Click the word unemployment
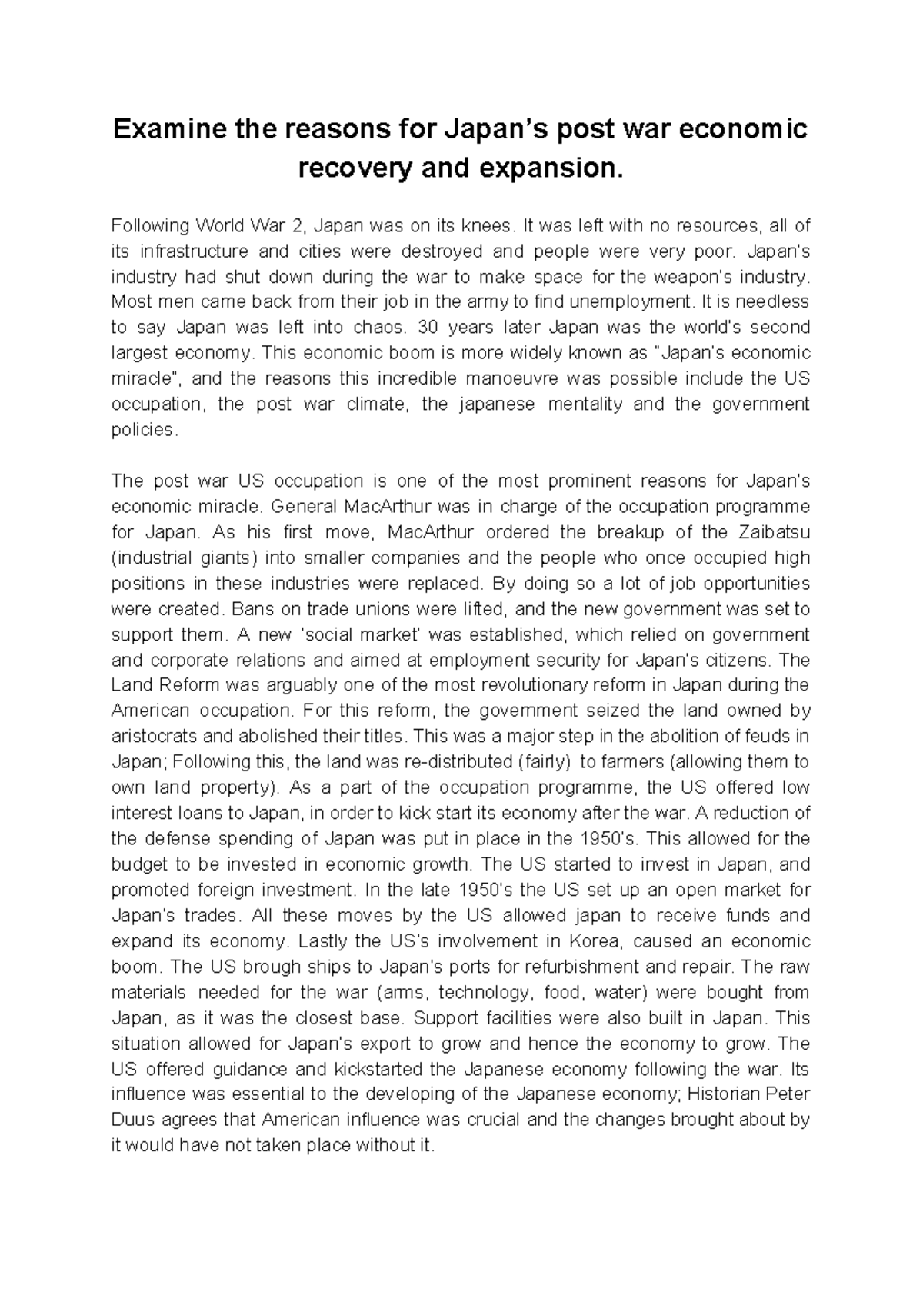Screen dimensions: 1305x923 625,301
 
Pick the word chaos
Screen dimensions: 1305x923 378,327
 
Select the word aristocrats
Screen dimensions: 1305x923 153,736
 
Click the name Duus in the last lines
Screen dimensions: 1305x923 132,1120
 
